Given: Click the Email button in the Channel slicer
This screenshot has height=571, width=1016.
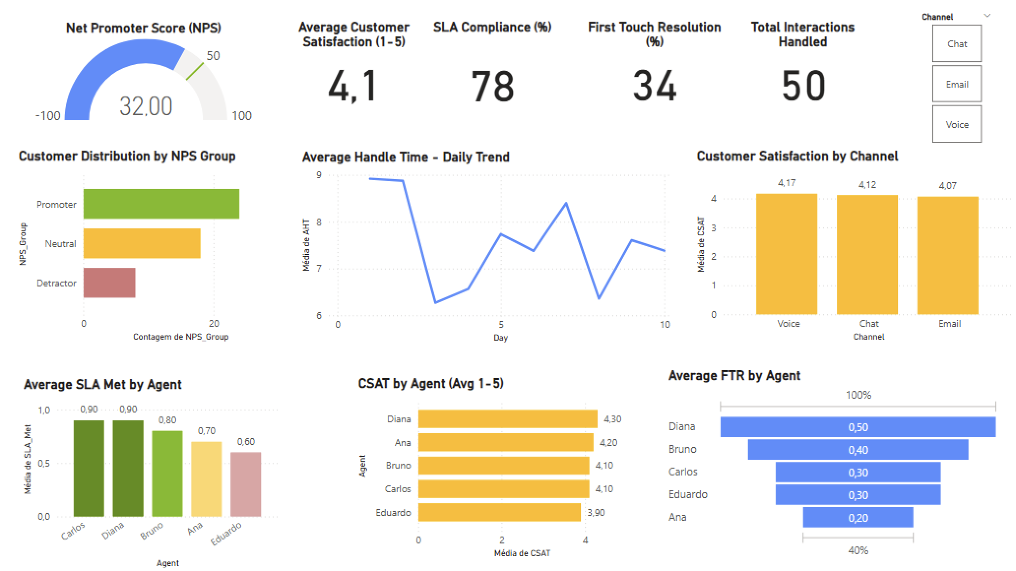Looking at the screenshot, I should click(956, 84).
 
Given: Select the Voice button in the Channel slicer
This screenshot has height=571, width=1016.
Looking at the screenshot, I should click(956, 125).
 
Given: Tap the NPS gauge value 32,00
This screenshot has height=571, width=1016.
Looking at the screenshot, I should click(146, 106).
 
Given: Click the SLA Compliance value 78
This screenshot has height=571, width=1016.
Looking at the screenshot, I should click(492, 86).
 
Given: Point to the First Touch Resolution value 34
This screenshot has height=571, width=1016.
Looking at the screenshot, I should click(654, 86).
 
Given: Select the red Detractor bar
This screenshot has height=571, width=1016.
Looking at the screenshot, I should click(109, 283).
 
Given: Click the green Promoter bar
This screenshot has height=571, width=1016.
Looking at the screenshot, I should click(161, 204).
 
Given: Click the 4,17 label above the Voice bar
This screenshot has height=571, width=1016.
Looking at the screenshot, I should click(786, 183).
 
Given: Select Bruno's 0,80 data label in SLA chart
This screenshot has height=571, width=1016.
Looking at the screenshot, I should click(167, 420).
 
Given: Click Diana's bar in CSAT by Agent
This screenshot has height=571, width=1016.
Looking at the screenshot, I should click(507, 419).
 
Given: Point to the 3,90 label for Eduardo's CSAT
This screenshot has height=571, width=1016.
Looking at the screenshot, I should click(596, 512).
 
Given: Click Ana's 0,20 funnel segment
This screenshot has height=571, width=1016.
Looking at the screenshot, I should click(857, 517).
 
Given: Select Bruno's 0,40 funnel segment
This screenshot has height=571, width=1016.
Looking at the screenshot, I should click(857, 449).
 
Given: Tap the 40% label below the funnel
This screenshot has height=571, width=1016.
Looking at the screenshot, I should click(857, 550).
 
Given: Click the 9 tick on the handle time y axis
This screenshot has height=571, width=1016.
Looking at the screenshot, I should click(319, 175).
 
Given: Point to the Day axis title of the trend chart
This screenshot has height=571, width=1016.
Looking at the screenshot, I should click(500, 338).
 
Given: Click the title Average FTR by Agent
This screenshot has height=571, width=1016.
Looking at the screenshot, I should click(734, 376).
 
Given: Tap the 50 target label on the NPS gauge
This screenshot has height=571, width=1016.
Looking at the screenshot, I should click(213, 56).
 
